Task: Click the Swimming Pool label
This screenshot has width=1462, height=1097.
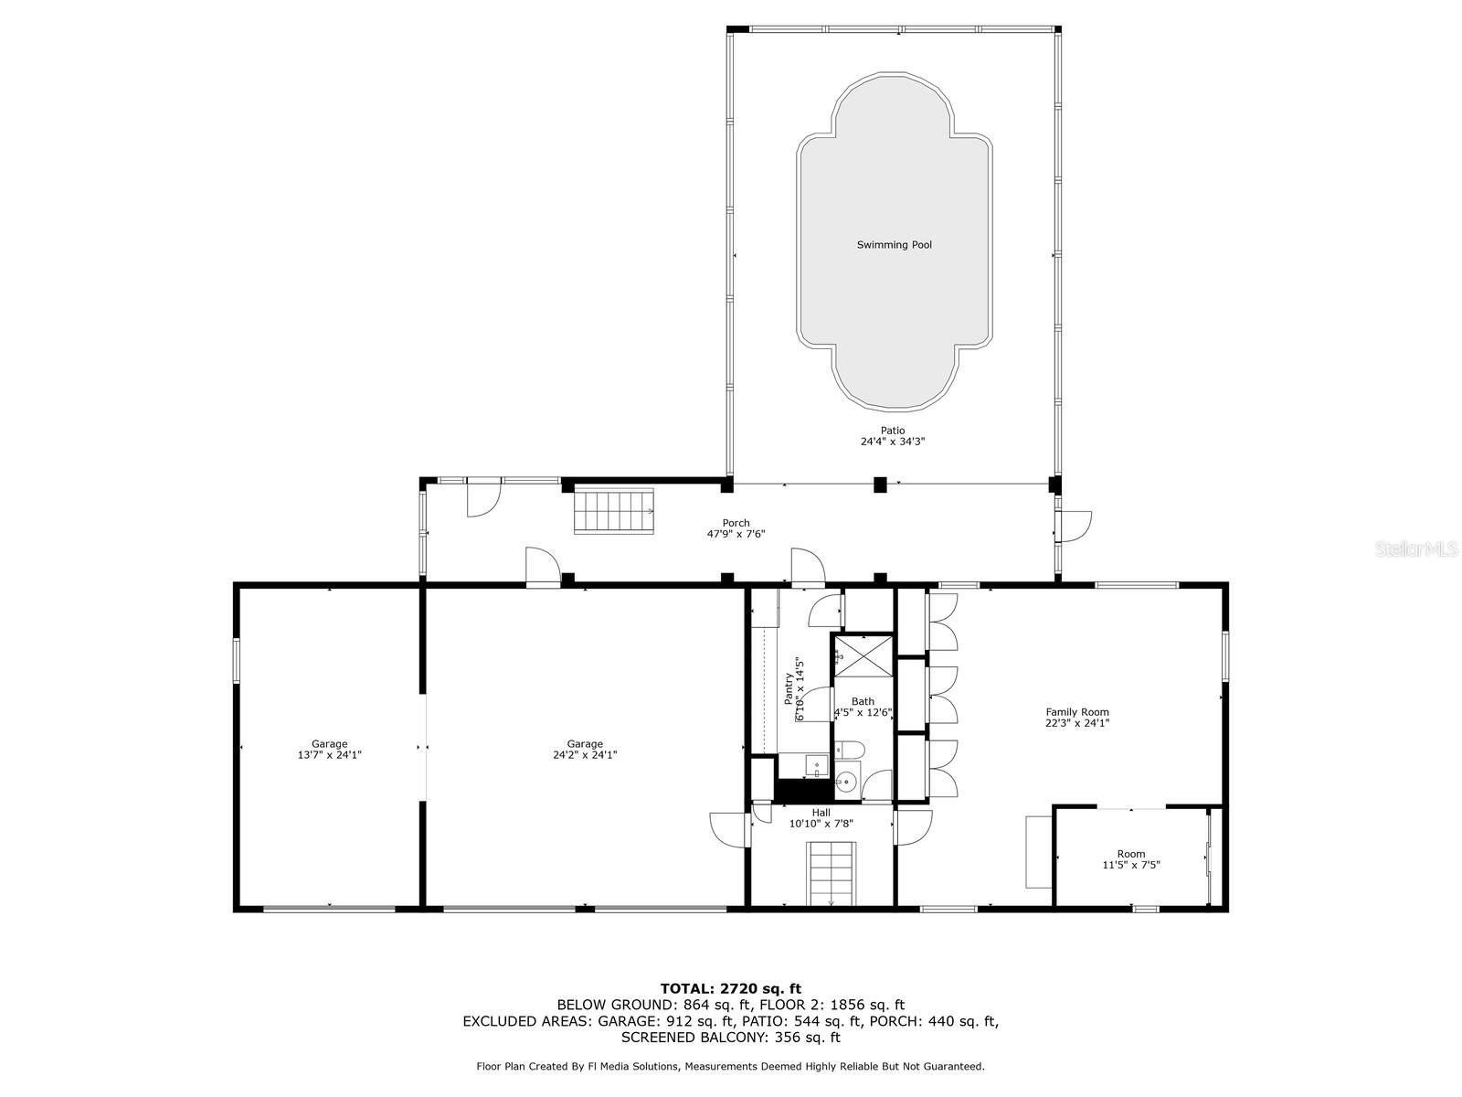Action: point(894,245)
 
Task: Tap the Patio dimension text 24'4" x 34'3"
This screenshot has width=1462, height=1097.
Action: point(893,441)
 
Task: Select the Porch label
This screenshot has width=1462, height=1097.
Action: point(736,523)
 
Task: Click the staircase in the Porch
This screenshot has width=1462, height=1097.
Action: point(615,511)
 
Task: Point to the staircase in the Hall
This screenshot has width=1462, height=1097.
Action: point(832,873)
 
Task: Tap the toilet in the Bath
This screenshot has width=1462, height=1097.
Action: point(849,750)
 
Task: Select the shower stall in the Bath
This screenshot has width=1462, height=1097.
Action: point(863,656)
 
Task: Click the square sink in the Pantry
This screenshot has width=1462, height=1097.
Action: point(817,766)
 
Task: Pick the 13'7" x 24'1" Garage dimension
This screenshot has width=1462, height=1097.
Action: point(329,755)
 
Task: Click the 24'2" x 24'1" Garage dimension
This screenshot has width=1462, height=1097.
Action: point(585,755)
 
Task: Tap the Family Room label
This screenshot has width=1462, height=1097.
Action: point(1077,711)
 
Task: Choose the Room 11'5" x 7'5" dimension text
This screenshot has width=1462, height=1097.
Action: point(1131,865)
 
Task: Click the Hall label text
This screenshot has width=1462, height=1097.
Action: point(821,813)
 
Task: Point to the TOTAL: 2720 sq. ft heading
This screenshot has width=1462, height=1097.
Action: point(731,988)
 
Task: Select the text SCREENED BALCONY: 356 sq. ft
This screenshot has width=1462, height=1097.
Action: point(731,1037)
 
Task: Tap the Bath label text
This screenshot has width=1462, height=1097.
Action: point(863,700)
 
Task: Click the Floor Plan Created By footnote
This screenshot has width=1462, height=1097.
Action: point(731,1066)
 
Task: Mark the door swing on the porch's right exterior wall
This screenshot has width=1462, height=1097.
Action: point(1073,527)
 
